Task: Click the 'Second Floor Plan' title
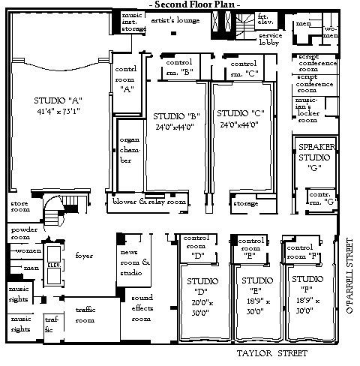pyautogui.click(x=195, y=4)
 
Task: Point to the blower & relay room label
pyautogui.click(x=148, y=202)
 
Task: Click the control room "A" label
pyautogui.click(x=125, y=77)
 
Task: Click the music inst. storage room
pyautogui.click(x=133, y=21)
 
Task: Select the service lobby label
pyautogui.click(x=271, y=39)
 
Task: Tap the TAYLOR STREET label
pyautogui.click(x=271, y=352)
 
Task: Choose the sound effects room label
pyautogui.click(x=142, y=307)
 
